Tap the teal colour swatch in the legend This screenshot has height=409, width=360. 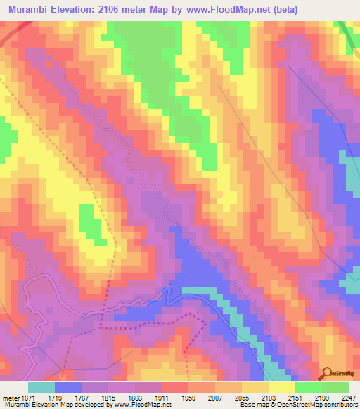click(41, 387)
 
